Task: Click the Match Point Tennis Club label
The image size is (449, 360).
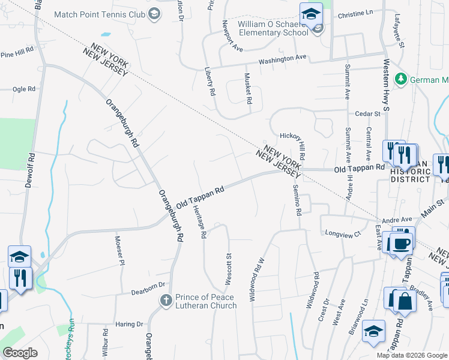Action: click(100, 13)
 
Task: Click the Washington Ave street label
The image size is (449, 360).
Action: click(283, 59)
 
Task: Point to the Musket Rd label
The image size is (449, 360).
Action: click(247, 88)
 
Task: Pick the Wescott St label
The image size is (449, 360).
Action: click(229, 269)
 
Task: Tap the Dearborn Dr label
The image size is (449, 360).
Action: click(148, 292)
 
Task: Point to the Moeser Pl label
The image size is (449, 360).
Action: click(119, 250)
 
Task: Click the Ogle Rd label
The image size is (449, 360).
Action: click(24, 89)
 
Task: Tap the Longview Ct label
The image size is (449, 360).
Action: click(341, 233)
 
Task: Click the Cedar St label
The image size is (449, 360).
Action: click(368, 113)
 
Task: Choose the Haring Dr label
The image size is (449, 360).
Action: click(130, 324)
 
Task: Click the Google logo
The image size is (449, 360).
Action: click(20, 353)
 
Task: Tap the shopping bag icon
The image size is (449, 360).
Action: click(405, 301)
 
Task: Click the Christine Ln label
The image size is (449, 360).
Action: click(355, 13)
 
